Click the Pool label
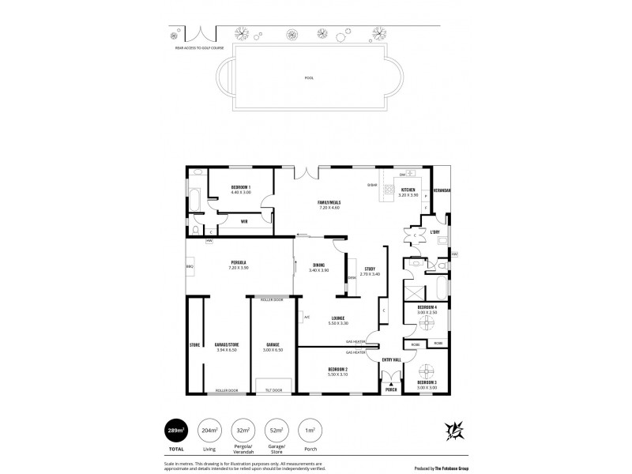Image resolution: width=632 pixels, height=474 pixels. pyautogui.click(x=308, y=77)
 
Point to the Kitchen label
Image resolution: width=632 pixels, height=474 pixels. pyautogui.click(x=408, y=190)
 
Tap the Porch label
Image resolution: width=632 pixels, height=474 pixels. pyautogui.click(x=390, y=389)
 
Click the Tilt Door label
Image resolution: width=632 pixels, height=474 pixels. pyautogui.click(x=274, y=389)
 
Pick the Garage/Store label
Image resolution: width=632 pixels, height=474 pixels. pyautogui.click(x=226, y=344)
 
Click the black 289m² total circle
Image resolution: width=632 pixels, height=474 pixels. pyautogui.click(x=175, y=430)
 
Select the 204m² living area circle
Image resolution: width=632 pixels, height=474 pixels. pyautogui.click(x=209, y=430)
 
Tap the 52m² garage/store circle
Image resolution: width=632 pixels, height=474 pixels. pyautogui.click(x=276, y=430)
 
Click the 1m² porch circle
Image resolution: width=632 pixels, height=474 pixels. pyautogui.click(x=310, y=430)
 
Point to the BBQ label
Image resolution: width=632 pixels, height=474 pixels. pyautogui.click(x=190, y=267)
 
